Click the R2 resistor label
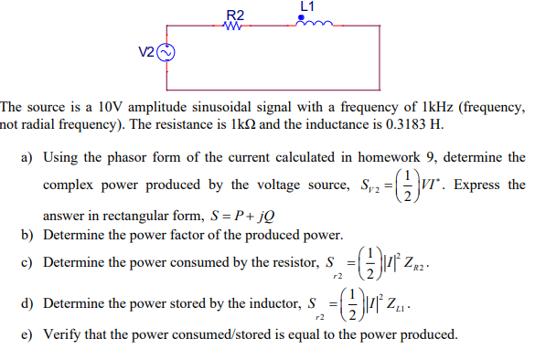pos(235,15)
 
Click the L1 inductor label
pos(306,5)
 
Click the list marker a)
pos(27,158)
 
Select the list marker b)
pos(27,235)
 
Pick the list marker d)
pos(27,302)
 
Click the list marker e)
pos(27,334)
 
